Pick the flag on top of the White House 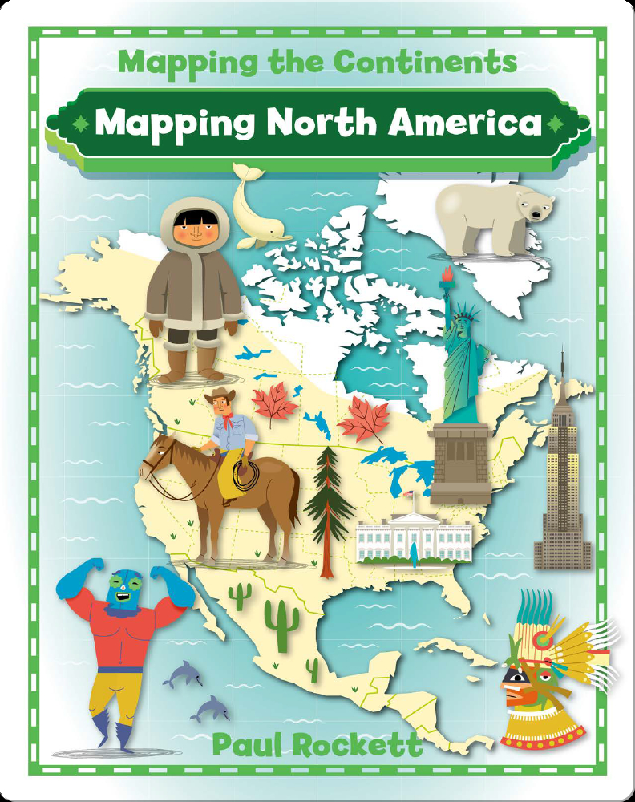(410, 496)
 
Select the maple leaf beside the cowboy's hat (273, 406)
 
